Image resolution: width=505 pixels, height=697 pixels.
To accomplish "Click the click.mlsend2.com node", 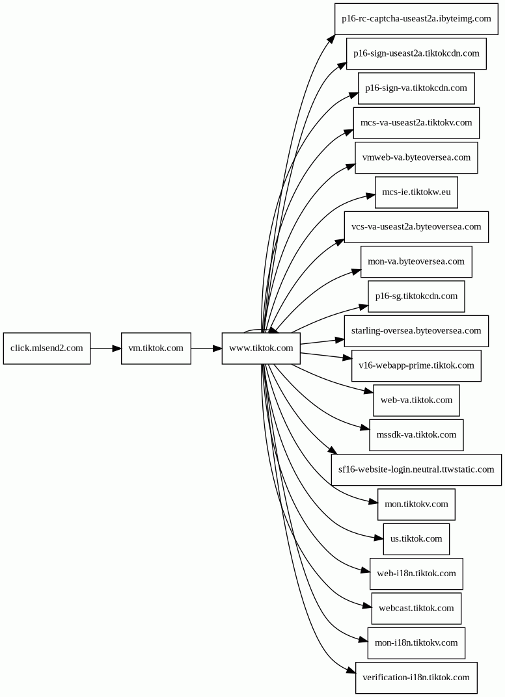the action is click(x=47, y=348).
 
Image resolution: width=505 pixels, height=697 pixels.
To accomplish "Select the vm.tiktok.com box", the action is click(x=156, y=348).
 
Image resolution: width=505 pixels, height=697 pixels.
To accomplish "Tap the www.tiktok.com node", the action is click(x=261, y=348).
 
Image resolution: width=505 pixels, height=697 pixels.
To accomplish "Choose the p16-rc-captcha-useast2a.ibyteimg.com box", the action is click(x=416, y=19).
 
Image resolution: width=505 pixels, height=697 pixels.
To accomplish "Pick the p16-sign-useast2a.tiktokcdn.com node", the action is click(x=416, y=54).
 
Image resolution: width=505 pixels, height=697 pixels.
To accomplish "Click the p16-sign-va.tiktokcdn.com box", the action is click(x=416, y=88).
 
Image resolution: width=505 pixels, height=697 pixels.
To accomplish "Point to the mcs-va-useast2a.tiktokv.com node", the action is click(x=416, y=123).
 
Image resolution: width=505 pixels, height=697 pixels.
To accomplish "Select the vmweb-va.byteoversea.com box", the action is click(x=416, y=158).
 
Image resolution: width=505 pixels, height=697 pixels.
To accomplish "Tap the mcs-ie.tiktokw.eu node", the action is click(x=416, y=192).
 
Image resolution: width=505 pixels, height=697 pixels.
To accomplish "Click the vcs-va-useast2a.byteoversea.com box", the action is click(x=416, y=227).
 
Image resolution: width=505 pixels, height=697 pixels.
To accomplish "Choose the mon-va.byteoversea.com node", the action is click(x=416, y=262).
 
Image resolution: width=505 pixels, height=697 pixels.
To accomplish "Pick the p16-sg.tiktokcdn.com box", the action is click(x=416, y=296).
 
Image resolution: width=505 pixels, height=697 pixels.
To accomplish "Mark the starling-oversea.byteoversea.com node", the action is click(x=416, y=331).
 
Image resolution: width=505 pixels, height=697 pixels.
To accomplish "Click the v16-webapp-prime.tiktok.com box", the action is click(x=416, y=366).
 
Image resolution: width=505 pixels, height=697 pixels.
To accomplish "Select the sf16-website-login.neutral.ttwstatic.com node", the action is click(x=416, y=470).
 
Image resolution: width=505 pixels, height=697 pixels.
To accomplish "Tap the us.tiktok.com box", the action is click(x=416, y=539).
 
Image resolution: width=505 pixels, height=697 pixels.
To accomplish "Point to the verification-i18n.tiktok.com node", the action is click(x=416, y=678).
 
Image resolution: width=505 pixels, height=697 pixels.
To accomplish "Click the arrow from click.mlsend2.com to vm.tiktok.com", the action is click(x=106, y=348).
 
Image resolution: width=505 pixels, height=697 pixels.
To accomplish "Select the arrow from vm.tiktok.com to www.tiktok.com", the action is click(x=206, y=348).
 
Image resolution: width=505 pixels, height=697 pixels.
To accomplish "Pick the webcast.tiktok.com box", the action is click(x=416, y=609).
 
